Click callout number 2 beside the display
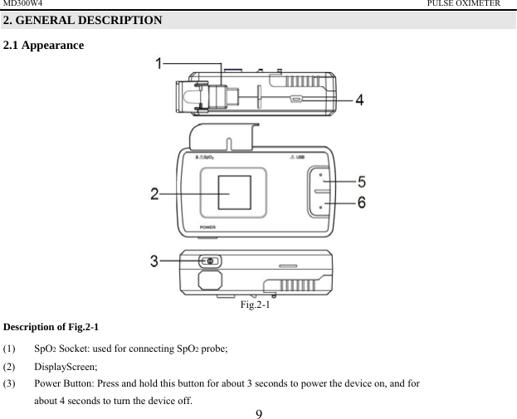click(154, 194)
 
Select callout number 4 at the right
click(358, 100)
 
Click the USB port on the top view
click(296, 99)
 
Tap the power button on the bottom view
click(210, 261)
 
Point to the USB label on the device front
click(301, 158)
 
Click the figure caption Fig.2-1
click(257, 305)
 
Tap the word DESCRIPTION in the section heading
click(117, 20)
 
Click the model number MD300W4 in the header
click(22, 4)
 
